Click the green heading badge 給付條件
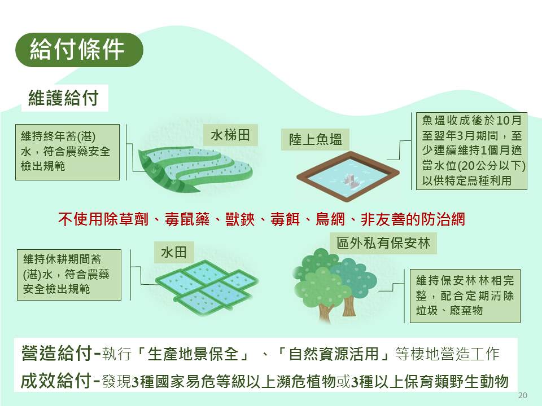[x=79, y=50]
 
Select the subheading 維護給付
[x=64, y=98]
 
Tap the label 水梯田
[x=230, y=135]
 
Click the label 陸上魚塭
[x=315, y=139]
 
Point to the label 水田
[x=174, y=253]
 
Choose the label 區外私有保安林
[x=383, y=243]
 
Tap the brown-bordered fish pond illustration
[x=348, y=176]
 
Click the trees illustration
[x=334, y=285]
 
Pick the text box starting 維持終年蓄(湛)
[x=67, y=152]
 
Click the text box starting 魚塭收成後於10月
[x=471, y=151]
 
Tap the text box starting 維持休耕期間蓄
[x=69, y=275]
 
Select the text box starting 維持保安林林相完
[x=465, y=296]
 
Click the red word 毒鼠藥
[x=187, y=219]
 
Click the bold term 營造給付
[x=56, y=354]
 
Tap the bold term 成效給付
[x=56, y=381]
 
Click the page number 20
[x=523, y=395]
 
